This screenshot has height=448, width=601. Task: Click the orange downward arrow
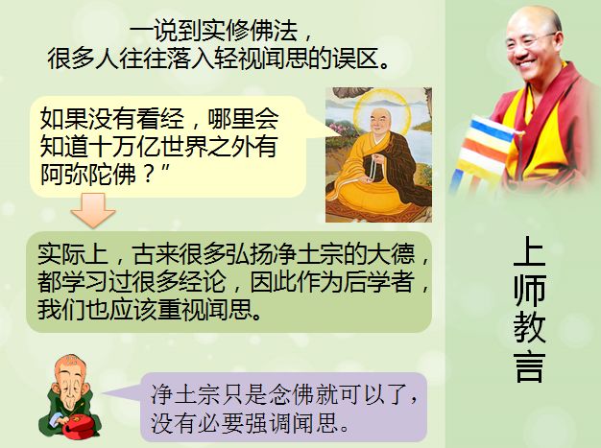click(x=93, y=210)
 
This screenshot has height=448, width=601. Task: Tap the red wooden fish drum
click(x=78, y=426)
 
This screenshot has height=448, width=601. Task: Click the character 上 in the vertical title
click(x=529, y=251)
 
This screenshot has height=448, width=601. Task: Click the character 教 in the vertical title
click(x=529, y=328)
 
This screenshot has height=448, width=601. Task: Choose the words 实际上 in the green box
click(x=72, y=254)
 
